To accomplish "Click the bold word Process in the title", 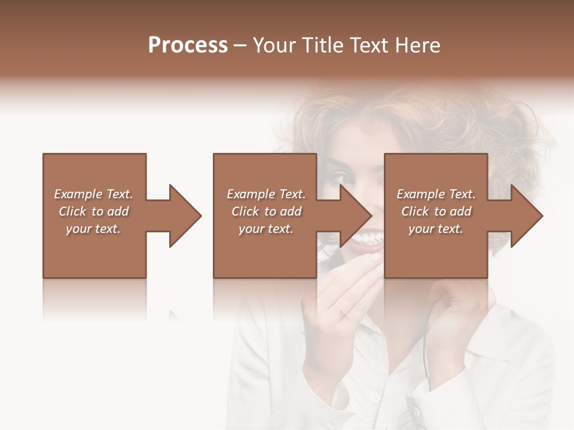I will tap(188, 45).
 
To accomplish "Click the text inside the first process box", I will tap(93, 211).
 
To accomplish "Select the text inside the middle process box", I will tap(266, 211).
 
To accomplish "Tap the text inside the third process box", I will tap(436, 211).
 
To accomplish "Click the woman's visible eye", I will tap(341, 177).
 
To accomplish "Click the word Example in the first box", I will tap(78, 194).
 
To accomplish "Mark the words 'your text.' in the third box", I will tap(436, 229).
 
